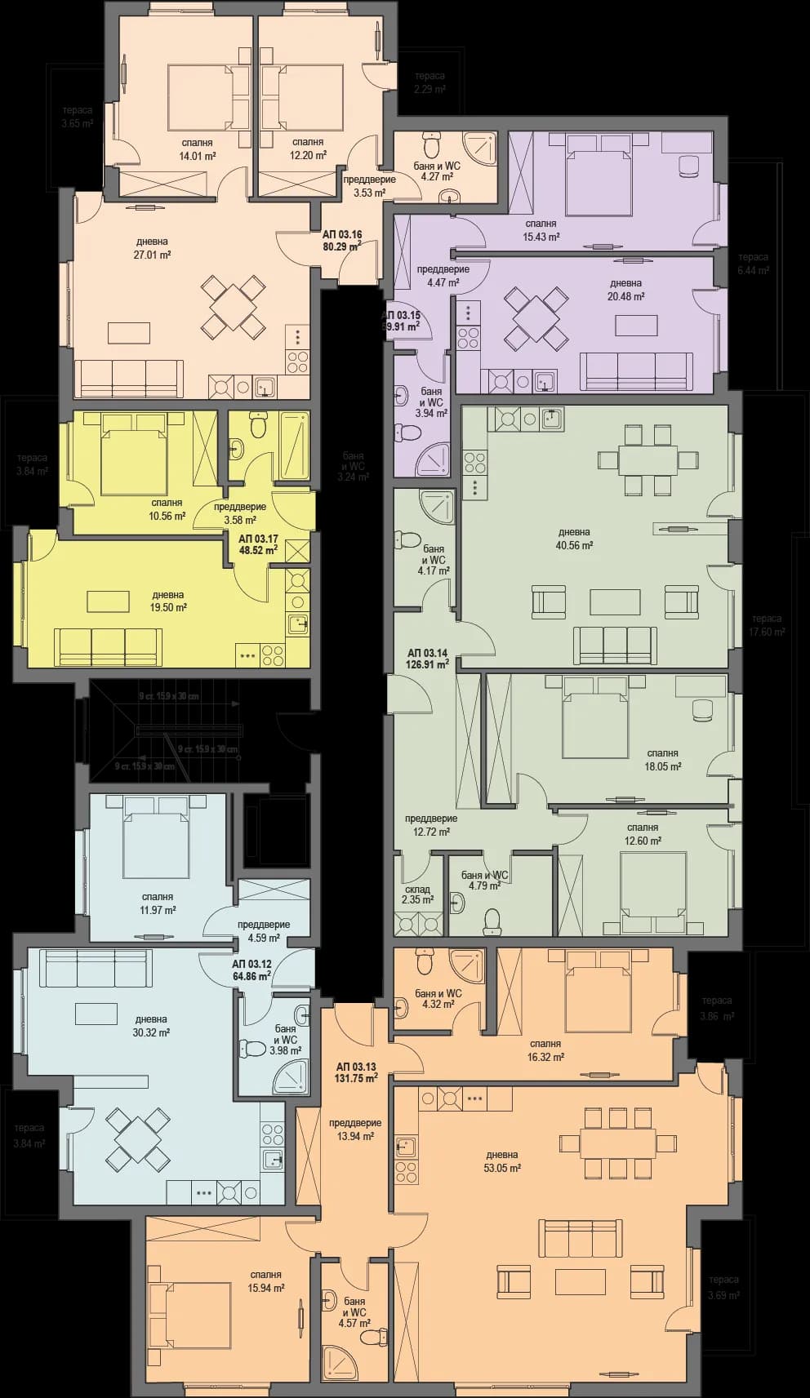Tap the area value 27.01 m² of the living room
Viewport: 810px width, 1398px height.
pyautogui.click(x=153, y=255)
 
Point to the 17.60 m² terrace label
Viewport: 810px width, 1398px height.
pyautogui.click(x=767, y=625)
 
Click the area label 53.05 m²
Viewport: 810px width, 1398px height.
pyautogui.click(x=501, y=1168)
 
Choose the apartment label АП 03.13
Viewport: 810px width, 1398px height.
pyautogui.click(x=356, y=1072)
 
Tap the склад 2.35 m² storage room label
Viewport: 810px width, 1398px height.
pyautogui.click(x=417, y=895)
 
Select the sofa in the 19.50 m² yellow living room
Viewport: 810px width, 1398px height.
pyautogui.click(x=108, y=646)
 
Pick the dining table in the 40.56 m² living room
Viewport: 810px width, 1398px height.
pyautogui.click(x=648, y=459)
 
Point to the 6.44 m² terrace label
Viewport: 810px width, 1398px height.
pyautogui.click(x=753, y=264)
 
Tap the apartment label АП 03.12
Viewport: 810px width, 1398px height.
pyautogui.click(x=251, y=970)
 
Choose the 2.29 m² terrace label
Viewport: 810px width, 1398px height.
pyautogui.click(x=429, y=82)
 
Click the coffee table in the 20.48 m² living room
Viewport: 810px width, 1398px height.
pyautogui.click(x=636, y=325)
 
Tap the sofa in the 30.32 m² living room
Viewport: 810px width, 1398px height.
pyautogui.click(x=98, y=968)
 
